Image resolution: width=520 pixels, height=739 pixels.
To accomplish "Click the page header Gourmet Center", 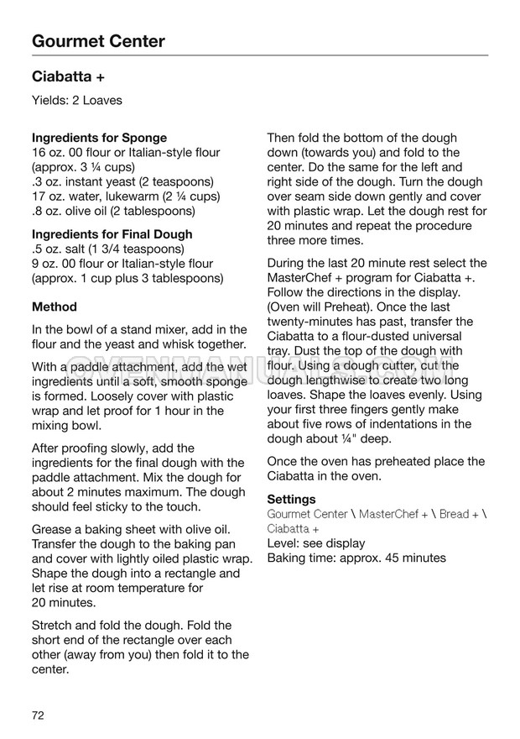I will click(x=98, y=41).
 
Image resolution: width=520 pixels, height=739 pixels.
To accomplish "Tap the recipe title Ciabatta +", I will click(x=68, y=76).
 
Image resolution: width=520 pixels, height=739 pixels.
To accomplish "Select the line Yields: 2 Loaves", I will click(x=76, y=101).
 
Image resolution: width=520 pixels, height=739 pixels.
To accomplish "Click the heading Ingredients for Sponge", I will click(x=99, y=138).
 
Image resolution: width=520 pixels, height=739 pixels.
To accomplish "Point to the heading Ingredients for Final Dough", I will click(x=112, y=234).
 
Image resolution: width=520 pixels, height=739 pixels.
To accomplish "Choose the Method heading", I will click(x=54, y=307).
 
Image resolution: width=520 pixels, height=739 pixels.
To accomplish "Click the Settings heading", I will click(x=291, y=499).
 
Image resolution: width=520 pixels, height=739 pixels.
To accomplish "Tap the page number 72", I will click(x=39, y=715).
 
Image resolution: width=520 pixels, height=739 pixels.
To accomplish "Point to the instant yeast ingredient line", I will click(x=113, y=181).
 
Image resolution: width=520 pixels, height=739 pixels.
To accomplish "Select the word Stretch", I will click(x=53, y=626).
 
